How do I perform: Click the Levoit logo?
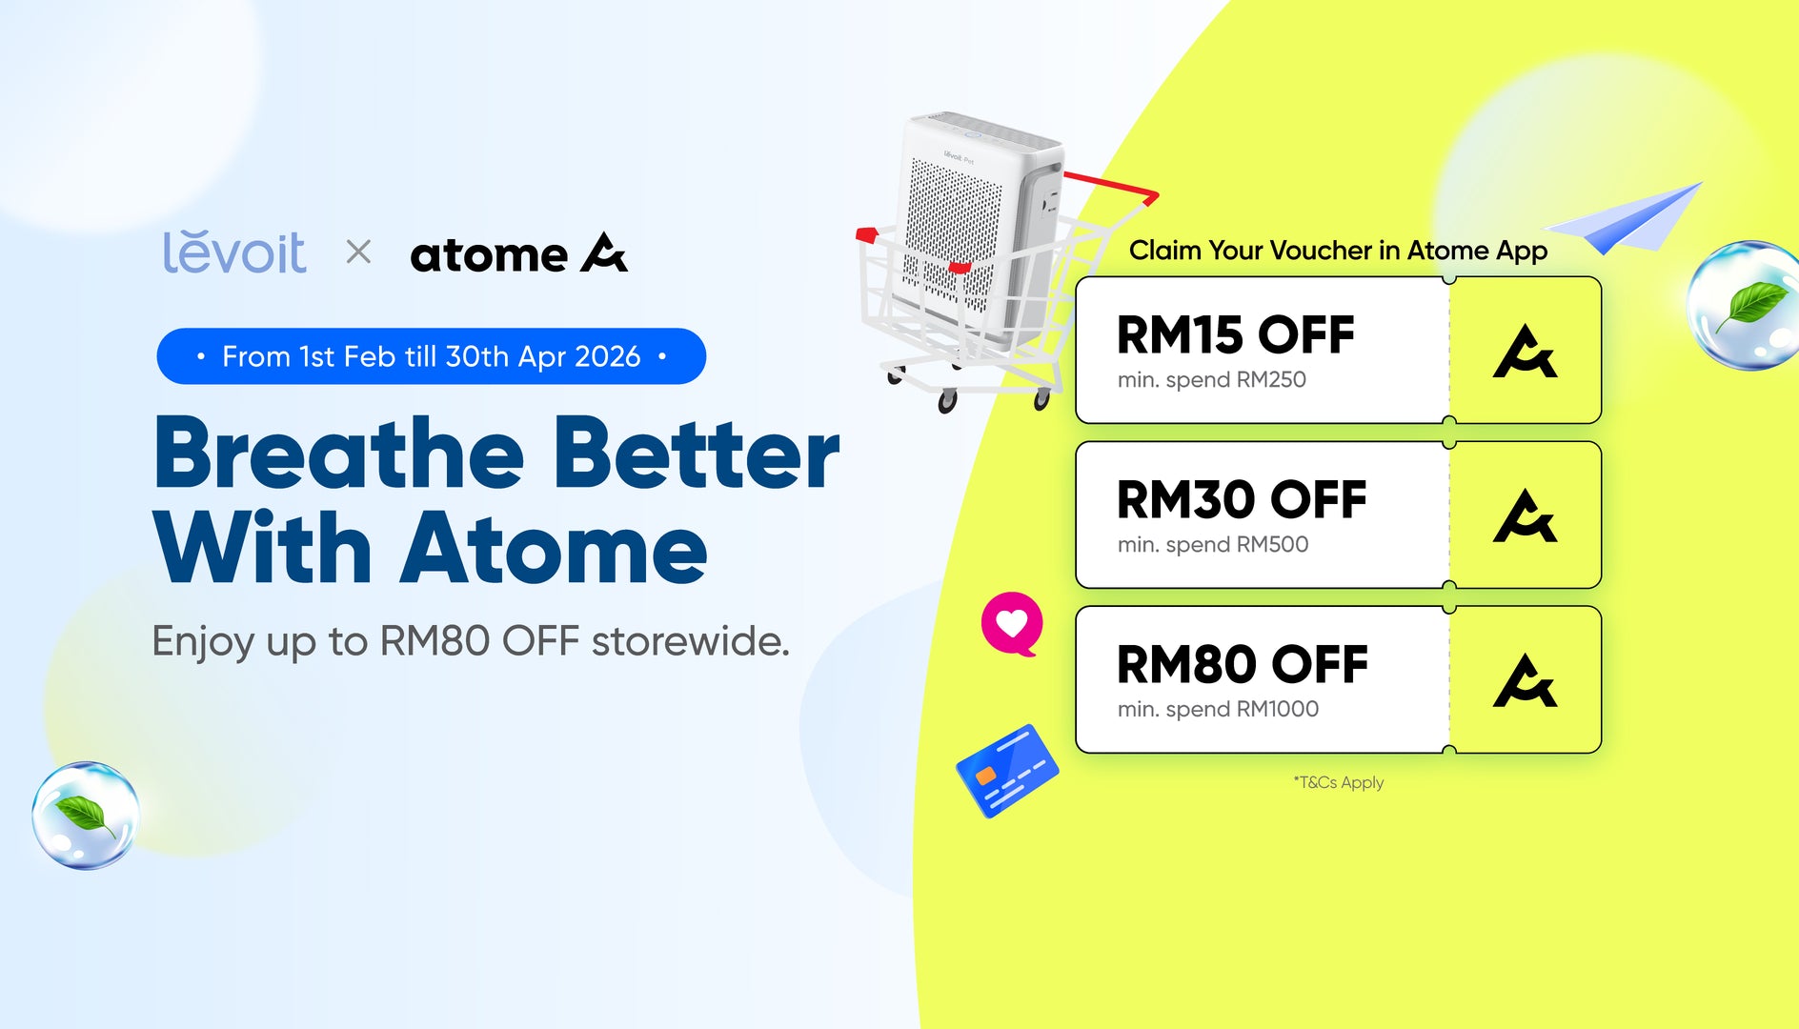234,252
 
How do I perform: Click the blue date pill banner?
432,356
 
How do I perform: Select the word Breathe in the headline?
339,454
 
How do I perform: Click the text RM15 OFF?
1235,334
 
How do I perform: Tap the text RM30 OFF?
1242,499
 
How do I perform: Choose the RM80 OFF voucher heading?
1243,664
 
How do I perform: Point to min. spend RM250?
1212,379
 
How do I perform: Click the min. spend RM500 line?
1213,544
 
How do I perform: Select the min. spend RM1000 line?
1219,709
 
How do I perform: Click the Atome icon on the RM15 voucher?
1525,352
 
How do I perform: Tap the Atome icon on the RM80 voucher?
1525,681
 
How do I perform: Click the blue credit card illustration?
1007,771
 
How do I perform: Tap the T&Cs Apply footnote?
1339,782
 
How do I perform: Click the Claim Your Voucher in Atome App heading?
1338,251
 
